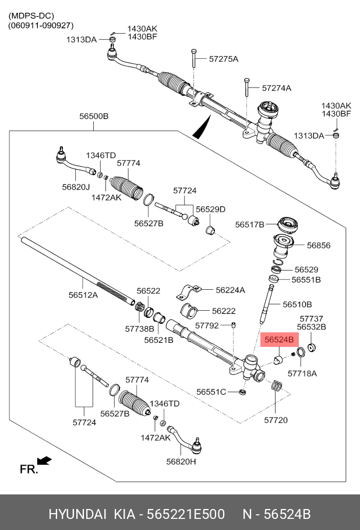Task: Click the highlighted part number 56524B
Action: click(x=279, y=338)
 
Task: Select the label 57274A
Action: click(x=276, y=88)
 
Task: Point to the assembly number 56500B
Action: click(x=94, y=116)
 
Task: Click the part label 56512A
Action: click(x=83, y=295)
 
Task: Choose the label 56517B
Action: click(x=250, y=224)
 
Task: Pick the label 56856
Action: click(x=319, y=245)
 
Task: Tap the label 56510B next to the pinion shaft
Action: click(x=297, y=304)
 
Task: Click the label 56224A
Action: click(x=230, y=290)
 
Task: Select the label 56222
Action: click(x=224, y=311)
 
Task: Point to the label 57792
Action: click(x=207, y=325)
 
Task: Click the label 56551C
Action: click(x=211, y=392)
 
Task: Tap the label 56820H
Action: click(x=181, y=461)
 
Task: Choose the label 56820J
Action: click(x=76, y=187)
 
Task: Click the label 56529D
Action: click(x=210, y=209)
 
